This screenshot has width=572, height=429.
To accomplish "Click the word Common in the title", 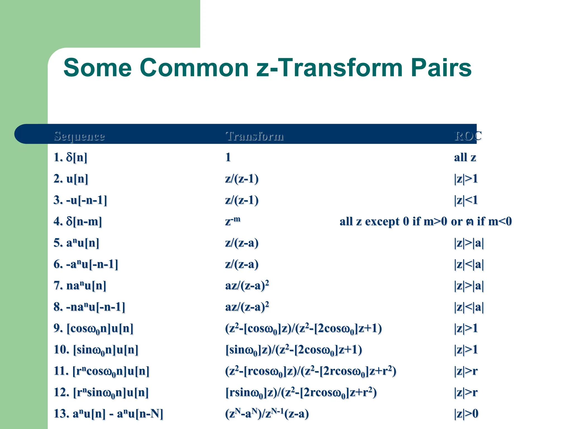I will pyautogui.click(x=194, y=68).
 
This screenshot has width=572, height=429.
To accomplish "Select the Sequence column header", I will pyautogui.click(x=79, y=136).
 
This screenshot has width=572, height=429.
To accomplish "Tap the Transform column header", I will pyautogui.click(x=254, y=136).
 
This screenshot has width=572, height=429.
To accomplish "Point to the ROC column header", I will pyautogui.click(x=468, y=136).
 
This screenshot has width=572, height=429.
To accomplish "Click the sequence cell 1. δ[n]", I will pyautogui.click(x=70, y=158).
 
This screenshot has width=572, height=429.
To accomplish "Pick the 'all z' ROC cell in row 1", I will pyautogui.click(x=465, y=158).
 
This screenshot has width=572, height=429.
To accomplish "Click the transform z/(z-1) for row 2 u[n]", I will pyautogui.click(x=242, y=179).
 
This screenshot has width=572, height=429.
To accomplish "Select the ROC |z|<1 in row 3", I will pyautogui.click(x=466, y=200).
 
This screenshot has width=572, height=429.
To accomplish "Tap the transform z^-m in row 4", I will pyautogui.click(x=233, y=221).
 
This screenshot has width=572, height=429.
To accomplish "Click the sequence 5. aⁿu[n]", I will pyautogui.click(x=76, y=243).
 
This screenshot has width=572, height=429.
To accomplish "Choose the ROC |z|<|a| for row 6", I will pyautogui.click(x=469, y=264).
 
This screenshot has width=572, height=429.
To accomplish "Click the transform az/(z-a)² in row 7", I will pyautogui.click(x=247, y=285).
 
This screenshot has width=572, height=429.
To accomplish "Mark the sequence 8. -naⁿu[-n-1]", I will pyautogui.click(x=89, y=307).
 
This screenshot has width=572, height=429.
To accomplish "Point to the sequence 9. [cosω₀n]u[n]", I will pyautogui.click(x=93, y=328).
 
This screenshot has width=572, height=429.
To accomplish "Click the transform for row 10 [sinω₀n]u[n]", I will pyautogui.click(x=293, y=350).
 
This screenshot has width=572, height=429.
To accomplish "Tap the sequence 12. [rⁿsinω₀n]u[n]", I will pyautogui.click(x=101, y=392).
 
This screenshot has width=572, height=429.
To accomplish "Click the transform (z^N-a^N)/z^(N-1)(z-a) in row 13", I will pyautogui.click(x=267, y=414).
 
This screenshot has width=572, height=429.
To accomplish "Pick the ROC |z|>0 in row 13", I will pyautogui.click(x=466, y=414).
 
